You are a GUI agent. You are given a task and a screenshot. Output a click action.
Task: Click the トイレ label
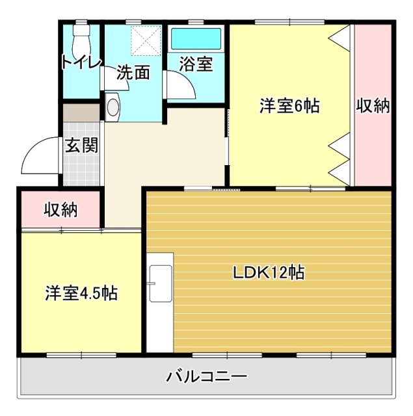click(x=81, y=62)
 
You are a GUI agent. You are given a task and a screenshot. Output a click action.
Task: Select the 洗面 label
click(x=133, y=73)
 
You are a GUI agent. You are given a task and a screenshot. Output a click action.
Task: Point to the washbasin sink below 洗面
click(x=113, y=107)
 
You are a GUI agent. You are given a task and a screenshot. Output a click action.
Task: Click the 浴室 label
click(x=196, y=65)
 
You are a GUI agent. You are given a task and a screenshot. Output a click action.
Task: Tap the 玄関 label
click(x=81, y=144)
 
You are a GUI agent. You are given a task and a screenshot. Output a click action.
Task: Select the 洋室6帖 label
click(x=289, y=107)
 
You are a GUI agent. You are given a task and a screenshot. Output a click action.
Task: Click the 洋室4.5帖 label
click(x=81, y=293)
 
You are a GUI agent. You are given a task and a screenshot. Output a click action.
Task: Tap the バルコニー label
click(x=207, y=376)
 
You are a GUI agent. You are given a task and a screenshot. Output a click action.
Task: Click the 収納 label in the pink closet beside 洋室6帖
click(x=373, y=107)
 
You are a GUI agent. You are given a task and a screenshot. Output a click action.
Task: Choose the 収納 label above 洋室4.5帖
click(x=60, y=210)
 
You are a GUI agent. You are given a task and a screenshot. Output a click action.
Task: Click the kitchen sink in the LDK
click(x=160, y=283)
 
